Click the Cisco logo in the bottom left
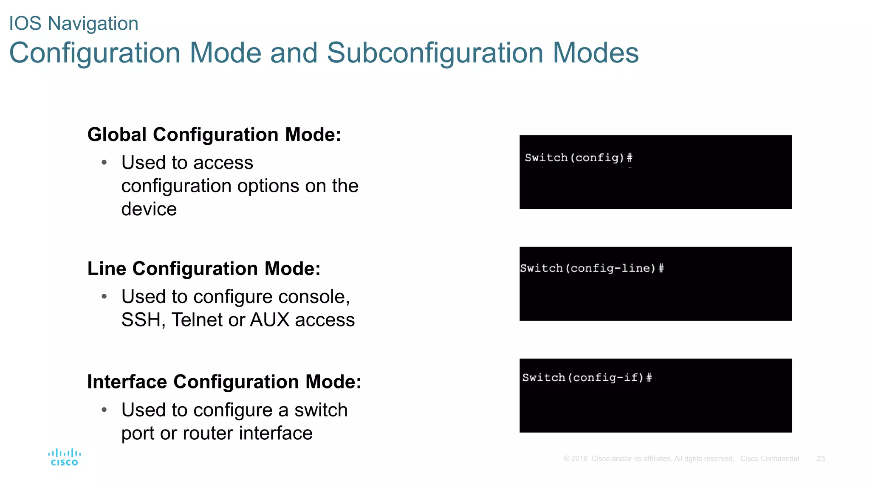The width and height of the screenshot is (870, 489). coord(64,457)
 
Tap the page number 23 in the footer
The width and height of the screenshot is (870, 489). coord(821,459)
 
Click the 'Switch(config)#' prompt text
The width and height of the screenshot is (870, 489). coord(579,158)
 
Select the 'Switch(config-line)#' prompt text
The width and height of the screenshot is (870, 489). coord(592,268)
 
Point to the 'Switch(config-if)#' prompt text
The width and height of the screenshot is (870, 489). coord(587,378)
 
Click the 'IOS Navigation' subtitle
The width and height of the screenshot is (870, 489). coord(74,23)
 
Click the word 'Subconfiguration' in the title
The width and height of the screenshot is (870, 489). coord(435,53)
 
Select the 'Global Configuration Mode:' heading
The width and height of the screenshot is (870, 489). coord(214,135)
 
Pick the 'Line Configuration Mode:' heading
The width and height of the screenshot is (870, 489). coord(204,269)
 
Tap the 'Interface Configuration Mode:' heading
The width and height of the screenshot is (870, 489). coord(224,382)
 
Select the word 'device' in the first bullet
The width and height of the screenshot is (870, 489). coord(149,209)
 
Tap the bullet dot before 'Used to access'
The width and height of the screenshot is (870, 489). coord(104,163)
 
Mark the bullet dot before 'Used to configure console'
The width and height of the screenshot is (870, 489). coord(104,297)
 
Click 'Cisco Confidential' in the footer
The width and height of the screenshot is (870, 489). coord(769,459)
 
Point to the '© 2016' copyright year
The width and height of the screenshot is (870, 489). coord(576,459)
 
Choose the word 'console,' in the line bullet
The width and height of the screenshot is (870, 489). coord(314,297)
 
